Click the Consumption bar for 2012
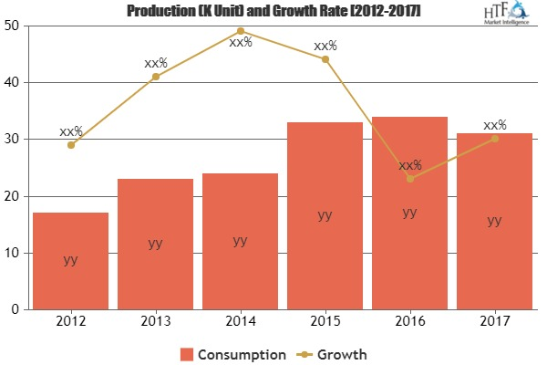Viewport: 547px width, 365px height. point(70,261)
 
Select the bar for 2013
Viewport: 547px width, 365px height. point(155,244)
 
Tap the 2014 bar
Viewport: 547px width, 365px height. point(240,241)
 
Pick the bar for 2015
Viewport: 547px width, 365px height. point(325,215)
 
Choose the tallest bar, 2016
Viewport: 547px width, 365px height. point(409,213)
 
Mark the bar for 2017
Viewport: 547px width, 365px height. point(494,221)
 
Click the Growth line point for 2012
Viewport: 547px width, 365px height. point(70,145)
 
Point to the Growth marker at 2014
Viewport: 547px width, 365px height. point(240,31)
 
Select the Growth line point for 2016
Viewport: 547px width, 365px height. point(409,179)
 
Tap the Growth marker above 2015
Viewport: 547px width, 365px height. point(325,59)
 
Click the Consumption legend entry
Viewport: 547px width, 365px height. point(232,353)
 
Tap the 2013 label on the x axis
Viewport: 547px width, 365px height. point(155,322)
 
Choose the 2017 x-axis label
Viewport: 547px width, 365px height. point(494,322)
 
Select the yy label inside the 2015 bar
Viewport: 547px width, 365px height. point(325,215)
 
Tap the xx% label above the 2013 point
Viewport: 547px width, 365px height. point(156,64)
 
